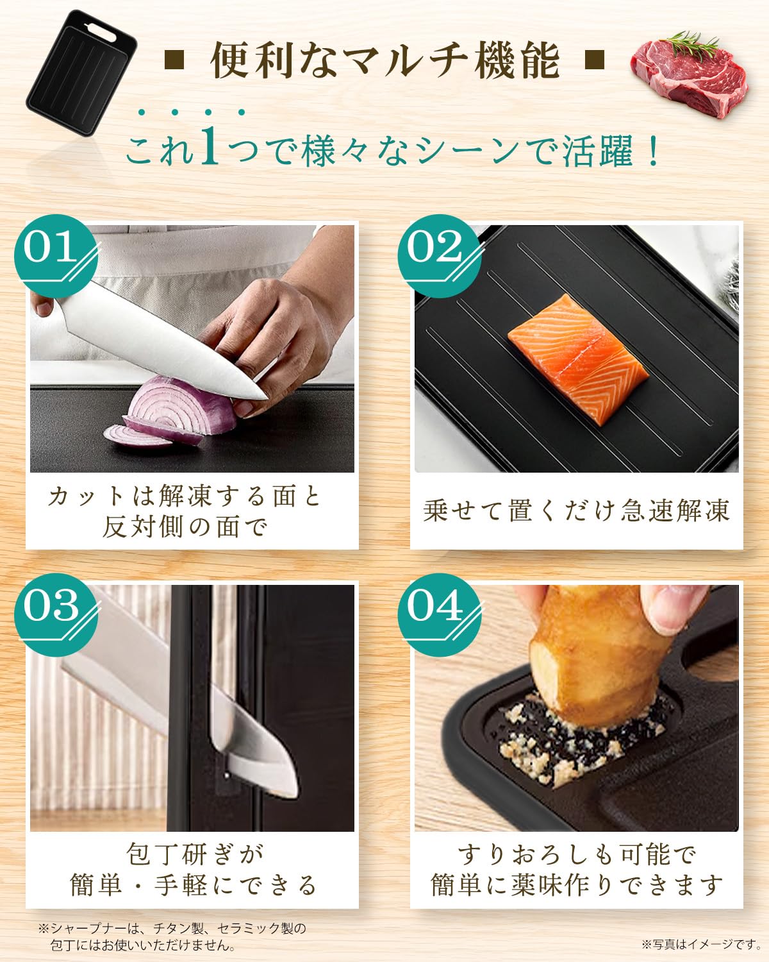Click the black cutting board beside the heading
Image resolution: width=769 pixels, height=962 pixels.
(x=81, y=73)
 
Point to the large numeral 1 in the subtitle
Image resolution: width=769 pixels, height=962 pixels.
(x=209, y=145)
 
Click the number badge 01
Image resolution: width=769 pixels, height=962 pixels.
(x=56, y=256)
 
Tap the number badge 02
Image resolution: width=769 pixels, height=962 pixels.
(x=440, y=256)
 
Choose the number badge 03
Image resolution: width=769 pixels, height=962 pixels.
(x=56, y=614)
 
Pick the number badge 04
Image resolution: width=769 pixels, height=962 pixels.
(x=440, y=614)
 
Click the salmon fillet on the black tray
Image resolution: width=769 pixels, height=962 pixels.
(x=578, y=359)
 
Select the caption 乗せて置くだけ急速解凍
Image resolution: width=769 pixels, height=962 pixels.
(x=576, y=510)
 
